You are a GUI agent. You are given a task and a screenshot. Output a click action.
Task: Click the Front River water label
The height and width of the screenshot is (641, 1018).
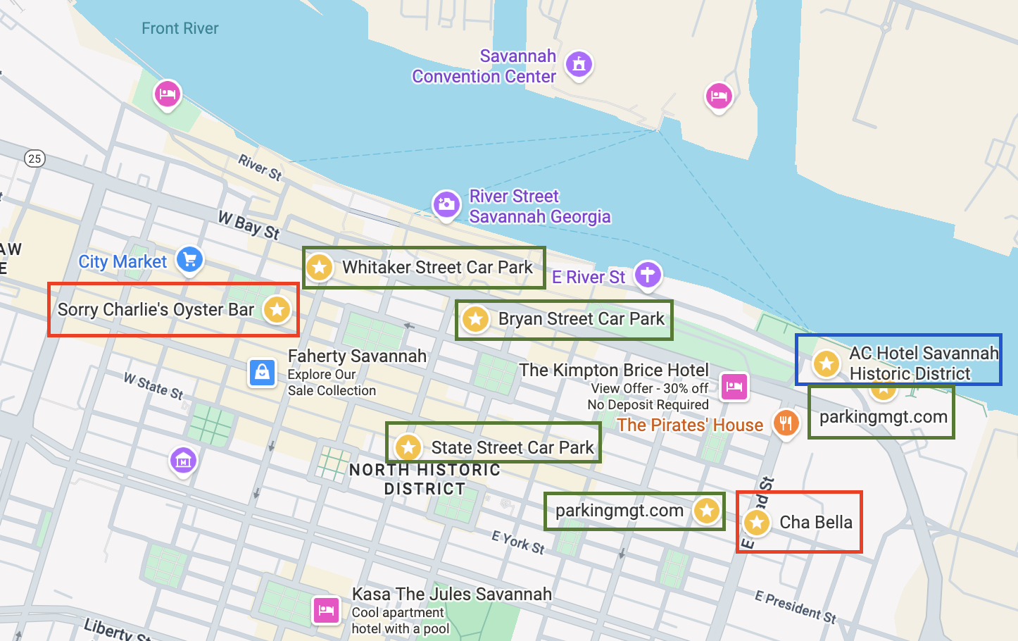[180, 28]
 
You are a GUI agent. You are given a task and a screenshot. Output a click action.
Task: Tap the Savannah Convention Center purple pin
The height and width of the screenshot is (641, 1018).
[579, 64]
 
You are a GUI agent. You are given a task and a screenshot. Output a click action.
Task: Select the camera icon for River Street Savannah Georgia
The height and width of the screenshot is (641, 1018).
[446, 205]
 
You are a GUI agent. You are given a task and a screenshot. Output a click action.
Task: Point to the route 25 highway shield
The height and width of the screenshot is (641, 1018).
[34, 158]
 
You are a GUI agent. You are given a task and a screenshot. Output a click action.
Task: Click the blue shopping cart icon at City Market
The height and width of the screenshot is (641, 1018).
[189, 259]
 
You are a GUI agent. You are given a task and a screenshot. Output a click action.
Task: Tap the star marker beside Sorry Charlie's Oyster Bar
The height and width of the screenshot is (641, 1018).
[277, 309]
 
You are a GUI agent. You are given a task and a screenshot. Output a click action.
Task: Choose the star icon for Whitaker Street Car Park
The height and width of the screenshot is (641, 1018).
[319, 267]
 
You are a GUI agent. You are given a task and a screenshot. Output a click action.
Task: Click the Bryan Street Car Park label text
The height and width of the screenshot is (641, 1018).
[581, 319]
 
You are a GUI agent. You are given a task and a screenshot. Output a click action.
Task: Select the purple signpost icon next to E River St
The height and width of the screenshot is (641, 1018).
[648, 275]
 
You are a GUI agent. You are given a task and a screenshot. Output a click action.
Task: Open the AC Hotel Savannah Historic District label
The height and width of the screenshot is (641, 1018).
[923, 363]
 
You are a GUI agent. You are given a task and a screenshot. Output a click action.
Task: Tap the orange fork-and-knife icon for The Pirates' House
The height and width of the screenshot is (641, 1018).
[786, 423]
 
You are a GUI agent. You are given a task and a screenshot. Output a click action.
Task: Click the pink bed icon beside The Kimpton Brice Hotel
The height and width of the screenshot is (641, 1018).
[734, 386]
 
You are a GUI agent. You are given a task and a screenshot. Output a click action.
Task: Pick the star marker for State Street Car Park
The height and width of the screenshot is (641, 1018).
[408, 447]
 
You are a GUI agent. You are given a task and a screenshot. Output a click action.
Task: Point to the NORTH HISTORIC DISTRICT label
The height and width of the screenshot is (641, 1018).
[425, 479]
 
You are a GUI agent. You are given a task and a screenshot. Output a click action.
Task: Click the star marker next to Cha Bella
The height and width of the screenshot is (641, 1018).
[757, 523]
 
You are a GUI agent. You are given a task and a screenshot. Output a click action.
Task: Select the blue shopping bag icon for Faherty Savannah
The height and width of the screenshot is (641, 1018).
[262, 372]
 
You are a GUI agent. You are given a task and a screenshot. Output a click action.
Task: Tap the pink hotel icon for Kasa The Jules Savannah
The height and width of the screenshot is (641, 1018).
[326, 609]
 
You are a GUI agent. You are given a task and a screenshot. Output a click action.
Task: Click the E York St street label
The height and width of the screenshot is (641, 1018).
[517, 542]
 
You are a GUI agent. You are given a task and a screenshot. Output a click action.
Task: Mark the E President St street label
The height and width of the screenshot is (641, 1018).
[796, 606]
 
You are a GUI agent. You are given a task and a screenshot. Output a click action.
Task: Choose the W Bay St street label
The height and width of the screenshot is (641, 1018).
[249, 225]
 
